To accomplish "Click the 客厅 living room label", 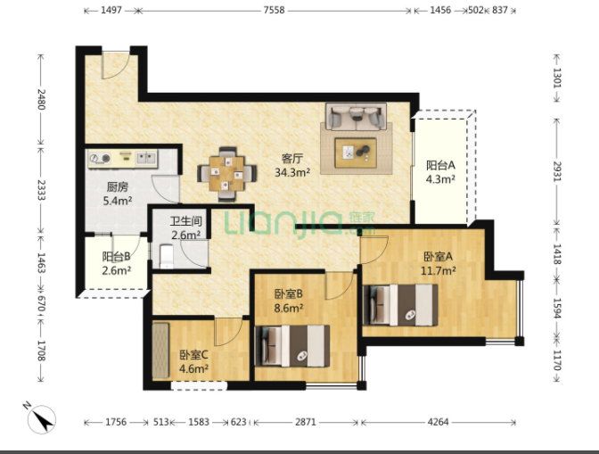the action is point(292,158).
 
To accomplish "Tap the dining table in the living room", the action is point(227,174).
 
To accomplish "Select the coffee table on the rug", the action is point(356,153).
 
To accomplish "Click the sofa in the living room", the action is point(357,117).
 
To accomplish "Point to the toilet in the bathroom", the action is point(167,256).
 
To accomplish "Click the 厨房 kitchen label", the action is point(118,187).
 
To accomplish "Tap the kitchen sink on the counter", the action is point(146,157).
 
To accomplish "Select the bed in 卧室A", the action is point(400,304).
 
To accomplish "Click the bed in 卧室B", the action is point(292,346).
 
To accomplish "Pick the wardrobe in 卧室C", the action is point(160,351).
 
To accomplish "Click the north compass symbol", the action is point(41,419).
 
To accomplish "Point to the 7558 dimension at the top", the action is point(274,10).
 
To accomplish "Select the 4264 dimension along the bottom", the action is point(439,422).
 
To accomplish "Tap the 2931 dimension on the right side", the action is point(557,171).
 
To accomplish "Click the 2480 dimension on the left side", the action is point(41,99).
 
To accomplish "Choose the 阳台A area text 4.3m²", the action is point(440,179).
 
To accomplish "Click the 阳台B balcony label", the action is point(116,256).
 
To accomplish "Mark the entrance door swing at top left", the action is point(115,65).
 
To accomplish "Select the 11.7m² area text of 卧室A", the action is point(438,270).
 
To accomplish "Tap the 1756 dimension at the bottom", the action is point(116,422).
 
